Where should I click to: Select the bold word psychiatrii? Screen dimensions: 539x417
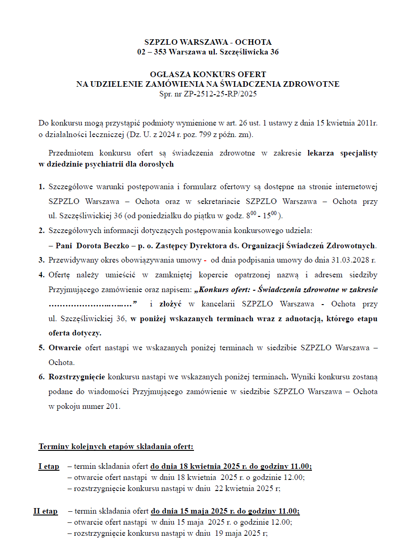coord(113,164)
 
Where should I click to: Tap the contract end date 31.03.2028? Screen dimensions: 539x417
coord(350,260)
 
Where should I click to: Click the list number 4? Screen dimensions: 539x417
coord(41,275)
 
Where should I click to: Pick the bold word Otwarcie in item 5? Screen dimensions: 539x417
coord(65,347)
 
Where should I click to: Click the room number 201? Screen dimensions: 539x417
coord(112,407)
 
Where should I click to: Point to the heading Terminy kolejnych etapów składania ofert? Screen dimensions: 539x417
coord(116,447)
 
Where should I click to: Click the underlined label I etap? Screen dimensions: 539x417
coord(48,467)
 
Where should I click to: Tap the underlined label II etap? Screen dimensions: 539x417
coord(45,511)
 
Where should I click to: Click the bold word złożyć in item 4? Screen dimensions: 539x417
coord(170,304)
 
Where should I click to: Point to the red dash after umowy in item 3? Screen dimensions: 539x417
coord(205,260)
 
